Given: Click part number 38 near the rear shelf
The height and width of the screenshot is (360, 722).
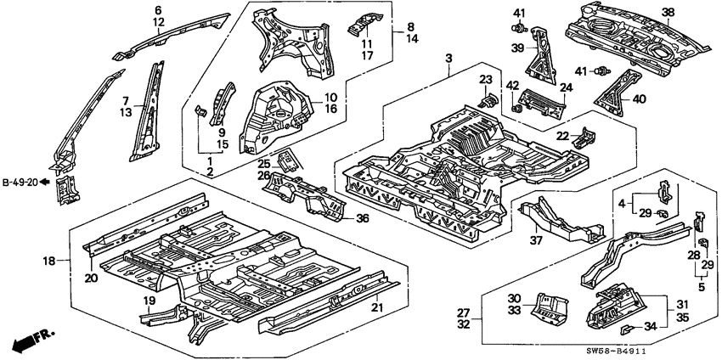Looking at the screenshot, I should click(668, 12).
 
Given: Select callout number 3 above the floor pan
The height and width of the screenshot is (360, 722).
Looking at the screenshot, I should click(448, 58).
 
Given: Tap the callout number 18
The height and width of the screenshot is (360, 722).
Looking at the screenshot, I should click(49, 262).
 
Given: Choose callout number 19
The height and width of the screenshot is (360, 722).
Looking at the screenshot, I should click(149, 300).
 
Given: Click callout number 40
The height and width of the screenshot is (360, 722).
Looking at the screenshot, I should click(640, 98).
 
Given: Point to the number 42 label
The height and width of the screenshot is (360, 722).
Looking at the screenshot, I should click(512, 84).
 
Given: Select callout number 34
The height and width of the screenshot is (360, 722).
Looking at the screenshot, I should click(651, 328).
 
